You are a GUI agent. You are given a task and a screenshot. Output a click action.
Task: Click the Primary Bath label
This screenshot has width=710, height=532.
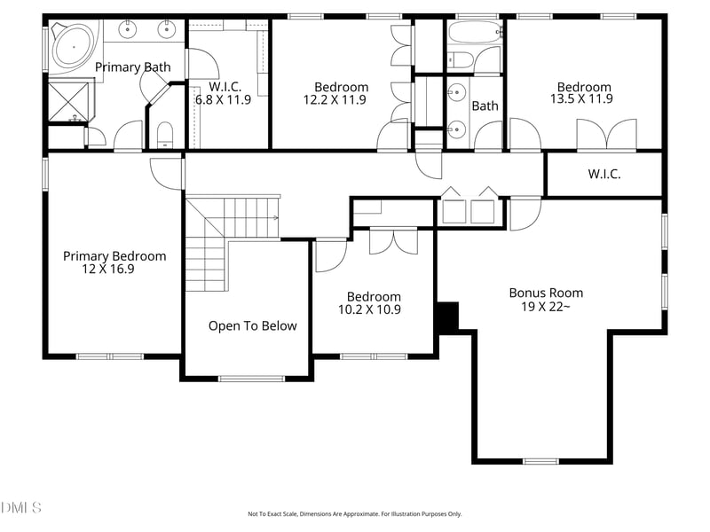132,67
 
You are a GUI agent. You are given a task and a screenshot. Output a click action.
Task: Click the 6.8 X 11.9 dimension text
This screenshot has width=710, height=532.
223,99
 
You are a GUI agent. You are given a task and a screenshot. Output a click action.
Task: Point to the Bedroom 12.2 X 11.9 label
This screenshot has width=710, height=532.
341,87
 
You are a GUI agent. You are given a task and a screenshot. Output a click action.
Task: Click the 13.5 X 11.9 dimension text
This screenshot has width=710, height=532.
582,99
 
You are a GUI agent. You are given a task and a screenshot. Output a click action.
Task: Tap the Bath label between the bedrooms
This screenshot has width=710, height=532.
485,106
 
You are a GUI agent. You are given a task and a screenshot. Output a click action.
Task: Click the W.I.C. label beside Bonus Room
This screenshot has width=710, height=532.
603,175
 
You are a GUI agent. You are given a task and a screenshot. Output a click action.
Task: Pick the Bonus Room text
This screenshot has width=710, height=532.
545,293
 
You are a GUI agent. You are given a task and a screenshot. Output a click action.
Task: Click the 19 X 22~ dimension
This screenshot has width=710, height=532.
545,307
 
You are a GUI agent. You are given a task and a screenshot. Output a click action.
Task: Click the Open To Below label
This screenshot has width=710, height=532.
252,326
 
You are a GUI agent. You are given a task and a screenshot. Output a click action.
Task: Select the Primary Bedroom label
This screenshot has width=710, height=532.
114,256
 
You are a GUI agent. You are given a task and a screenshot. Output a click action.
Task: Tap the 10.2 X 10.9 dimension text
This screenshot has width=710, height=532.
373,309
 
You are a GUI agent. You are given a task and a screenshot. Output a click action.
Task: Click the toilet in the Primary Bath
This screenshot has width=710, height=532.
165,136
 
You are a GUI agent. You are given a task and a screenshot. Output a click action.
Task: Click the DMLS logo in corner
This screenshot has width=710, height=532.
21,508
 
